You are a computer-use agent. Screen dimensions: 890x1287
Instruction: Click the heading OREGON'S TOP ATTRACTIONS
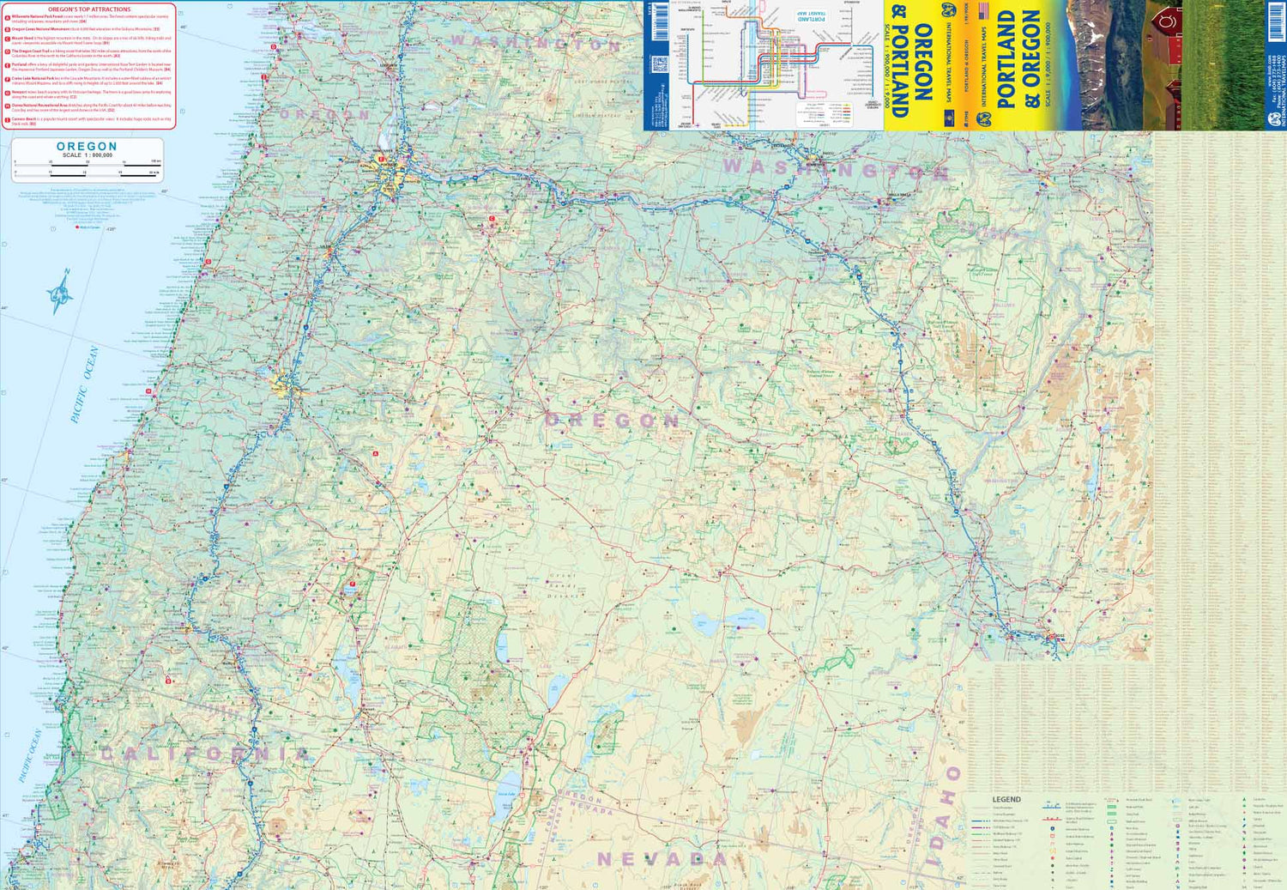point(89,9)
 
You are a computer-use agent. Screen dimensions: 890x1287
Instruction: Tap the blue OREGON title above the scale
point(87,147)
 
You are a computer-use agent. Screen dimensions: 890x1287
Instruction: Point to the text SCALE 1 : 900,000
point(87,155)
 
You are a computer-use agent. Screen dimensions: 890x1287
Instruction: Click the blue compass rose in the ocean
point(60,293)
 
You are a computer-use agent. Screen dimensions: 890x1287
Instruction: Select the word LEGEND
point(1006,799)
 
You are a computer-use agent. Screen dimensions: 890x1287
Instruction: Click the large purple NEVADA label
point(662,859)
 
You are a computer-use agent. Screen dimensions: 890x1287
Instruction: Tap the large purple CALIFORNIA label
point(206,754)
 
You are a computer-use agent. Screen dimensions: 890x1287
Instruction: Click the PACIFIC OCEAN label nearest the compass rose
point(85,384)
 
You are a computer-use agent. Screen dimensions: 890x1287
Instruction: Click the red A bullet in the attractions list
point(8,17)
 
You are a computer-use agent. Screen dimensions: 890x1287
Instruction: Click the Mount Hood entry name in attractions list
point(22,38)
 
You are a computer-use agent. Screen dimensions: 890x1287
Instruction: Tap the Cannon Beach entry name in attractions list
point(23,118)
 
